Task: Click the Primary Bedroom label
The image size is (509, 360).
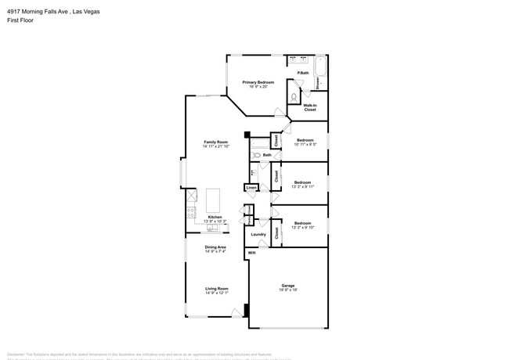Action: [258, 82]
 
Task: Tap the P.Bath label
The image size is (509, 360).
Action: [302, 73]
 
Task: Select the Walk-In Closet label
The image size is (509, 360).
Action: [310, 107]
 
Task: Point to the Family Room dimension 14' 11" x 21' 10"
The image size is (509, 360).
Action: [215, 146]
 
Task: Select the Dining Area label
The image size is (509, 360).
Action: [215, 247]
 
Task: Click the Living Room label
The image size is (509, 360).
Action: [217, 289]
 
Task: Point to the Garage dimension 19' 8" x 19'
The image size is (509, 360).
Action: [288, 290]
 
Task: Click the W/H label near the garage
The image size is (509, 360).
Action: [252, 254]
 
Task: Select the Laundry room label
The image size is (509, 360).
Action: [258, 234]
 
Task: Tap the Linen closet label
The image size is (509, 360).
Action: [251, 188]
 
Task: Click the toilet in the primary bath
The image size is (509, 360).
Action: [294, 97]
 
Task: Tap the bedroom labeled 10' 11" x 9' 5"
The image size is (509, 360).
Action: [305, 142]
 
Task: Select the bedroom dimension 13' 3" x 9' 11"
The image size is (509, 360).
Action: [302, 187]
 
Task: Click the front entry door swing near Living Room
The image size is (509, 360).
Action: [236, 313]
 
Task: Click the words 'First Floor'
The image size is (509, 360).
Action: [20, 20]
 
